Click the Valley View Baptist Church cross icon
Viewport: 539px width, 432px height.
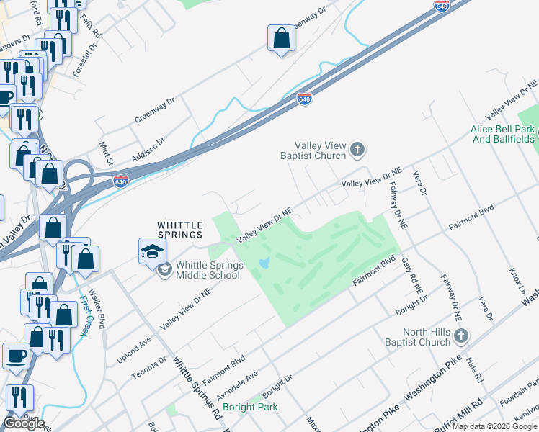357,150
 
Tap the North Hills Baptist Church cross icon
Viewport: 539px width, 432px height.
462,336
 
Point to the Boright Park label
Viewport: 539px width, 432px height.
249,407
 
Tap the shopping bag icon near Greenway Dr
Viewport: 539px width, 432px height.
281,40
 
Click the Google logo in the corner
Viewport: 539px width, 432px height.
24,423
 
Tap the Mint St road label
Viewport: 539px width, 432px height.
107,152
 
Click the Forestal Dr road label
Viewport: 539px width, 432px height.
85,62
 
